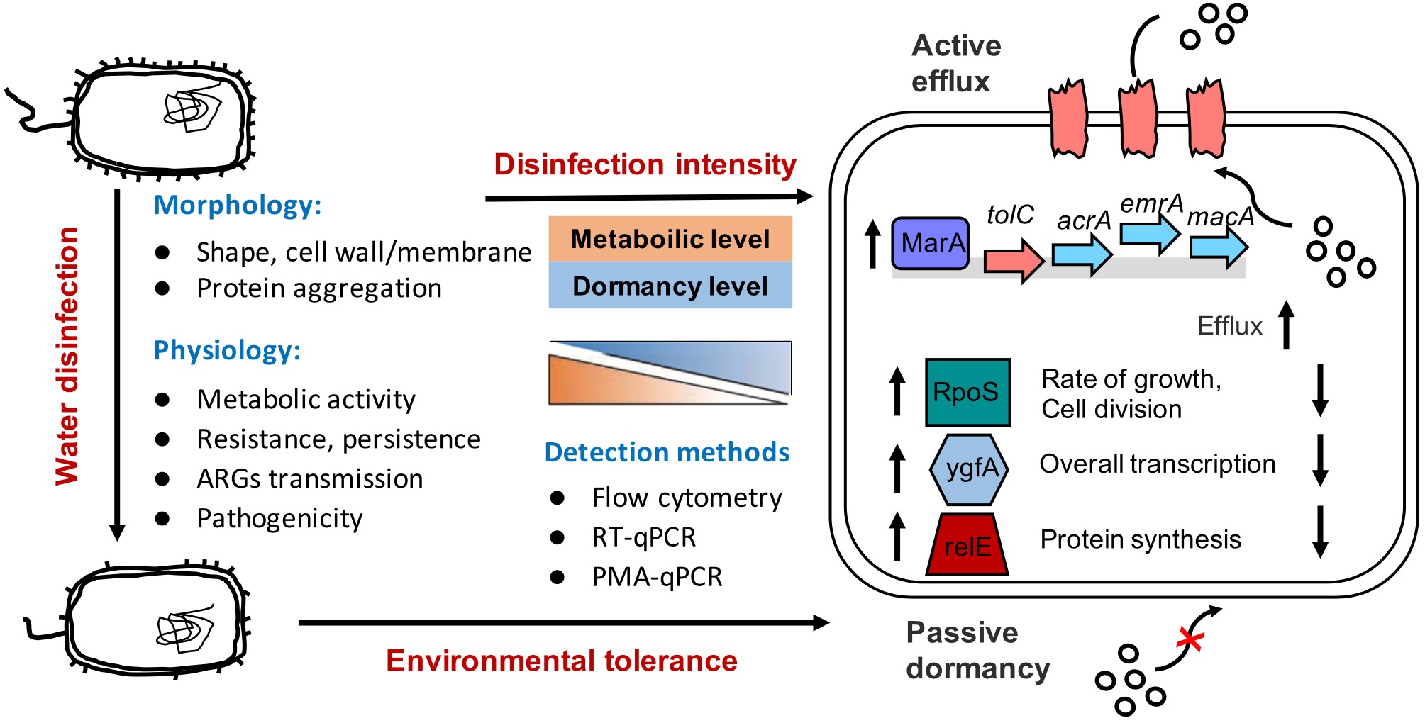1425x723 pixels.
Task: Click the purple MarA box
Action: tap(930, 244)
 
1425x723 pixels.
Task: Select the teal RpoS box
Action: tap(967, 392)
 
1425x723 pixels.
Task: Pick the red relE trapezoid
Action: tap(967, 545)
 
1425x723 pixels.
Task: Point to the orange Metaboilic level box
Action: tap(670, 239)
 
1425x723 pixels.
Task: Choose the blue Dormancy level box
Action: tap(670, 286)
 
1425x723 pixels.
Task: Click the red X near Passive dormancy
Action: tap(1190, 639)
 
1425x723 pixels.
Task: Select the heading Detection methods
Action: tap(667, 452)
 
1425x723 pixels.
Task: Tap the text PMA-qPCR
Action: tap(657, 577)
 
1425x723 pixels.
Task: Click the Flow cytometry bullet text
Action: tap(687, 498)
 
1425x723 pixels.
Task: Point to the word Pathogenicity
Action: tap(279, 519)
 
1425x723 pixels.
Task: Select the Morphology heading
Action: tap(238, 205)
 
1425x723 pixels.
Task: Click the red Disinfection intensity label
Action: tap(645, 164)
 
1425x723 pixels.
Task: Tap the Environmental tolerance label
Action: tap(561, 661)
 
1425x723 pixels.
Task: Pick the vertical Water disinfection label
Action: tap(67, 356)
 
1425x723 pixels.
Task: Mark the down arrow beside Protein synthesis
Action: tap(1319, 532)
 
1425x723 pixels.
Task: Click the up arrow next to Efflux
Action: tap(1286, 325)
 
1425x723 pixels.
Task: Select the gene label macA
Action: tap(1220, 216)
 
